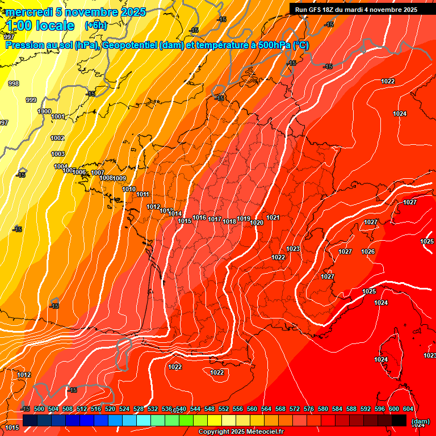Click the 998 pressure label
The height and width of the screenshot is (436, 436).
point(14,83)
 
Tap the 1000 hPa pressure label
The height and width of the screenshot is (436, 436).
point(44,111)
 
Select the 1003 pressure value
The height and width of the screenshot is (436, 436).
point(58,154)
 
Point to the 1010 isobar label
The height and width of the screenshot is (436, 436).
point(129,189)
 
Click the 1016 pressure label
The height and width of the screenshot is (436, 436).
point(199,217)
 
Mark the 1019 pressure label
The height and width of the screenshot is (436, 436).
point(244,219)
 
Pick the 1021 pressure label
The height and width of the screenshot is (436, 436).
point(273,217)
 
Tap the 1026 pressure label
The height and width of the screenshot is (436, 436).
point(368,251)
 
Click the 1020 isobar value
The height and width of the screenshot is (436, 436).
point(257,223)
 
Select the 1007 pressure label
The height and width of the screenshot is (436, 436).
point(98,173)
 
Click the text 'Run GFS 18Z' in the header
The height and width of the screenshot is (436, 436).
point(316,10)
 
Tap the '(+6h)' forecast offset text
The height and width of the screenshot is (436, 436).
point(95,26)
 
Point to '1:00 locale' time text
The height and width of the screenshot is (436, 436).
point(40,26)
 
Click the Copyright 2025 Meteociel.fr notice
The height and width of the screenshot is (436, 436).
point(241,431)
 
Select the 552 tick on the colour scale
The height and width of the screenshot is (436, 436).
point(224,409)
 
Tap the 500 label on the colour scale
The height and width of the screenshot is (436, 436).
point(39,409)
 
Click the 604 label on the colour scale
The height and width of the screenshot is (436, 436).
point(408,409)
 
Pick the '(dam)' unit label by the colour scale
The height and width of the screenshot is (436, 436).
point(420,421)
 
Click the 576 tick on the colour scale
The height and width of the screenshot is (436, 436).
point(309,409)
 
